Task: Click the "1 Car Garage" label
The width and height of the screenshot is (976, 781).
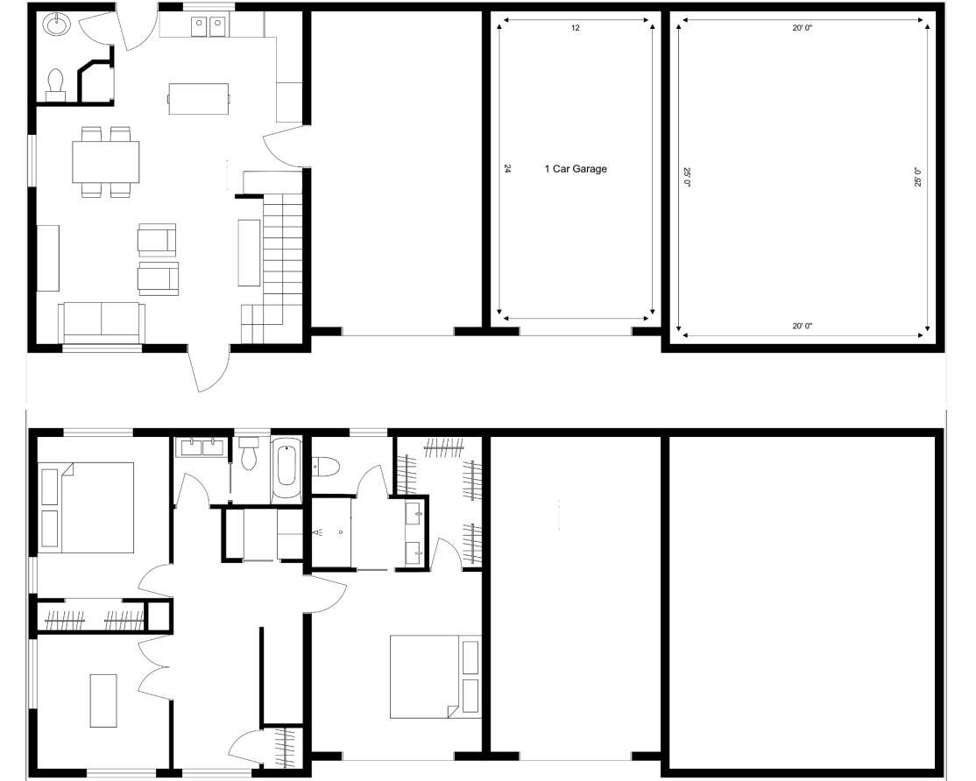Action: (575, 168)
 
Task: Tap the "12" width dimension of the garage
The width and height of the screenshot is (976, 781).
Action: (575, 28)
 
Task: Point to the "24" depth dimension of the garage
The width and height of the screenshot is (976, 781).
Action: (508, 168)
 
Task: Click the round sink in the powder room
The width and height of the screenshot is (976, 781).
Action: (57, 25)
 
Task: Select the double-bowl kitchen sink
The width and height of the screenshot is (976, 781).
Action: (208, 27)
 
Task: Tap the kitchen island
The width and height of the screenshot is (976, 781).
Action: (199, 99)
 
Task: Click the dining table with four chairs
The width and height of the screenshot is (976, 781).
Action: (106, 162)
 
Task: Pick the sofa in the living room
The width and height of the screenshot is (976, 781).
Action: (102, 322)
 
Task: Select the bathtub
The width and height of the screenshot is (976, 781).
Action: (287, 470)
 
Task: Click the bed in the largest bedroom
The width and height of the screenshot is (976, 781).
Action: (435, 676)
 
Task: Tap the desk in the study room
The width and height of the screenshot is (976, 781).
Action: (103, 700)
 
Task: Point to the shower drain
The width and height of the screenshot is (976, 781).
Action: (341, 532)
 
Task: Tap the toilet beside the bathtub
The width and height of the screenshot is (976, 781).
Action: (250, 453)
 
